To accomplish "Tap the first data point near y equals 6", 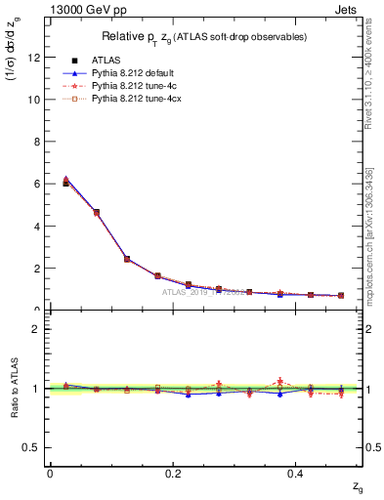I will coord(66,183).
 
